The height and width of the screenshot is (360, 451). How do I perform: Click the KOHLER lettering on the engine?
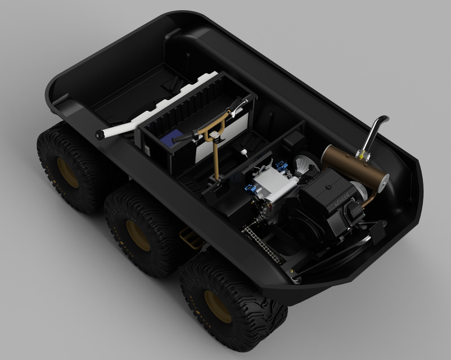pos(342,199)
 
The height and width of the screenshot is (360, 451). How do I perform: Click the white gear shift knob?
pos(245,151)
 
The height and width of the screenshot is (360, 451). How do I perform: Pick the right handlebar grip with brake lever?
pos(238,104)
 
